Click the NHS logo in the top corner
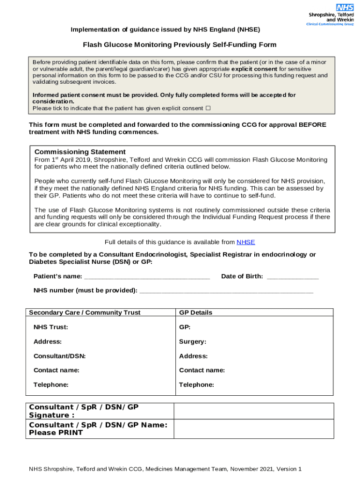click(345, 7)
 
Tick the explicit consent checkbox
click(208, 108)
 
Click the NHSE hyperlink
click(245, 242)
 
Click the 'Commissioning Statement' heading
click(80, 152)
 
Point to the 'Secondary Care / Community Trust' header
click(85, 312)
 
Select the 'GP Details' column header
click(195, 312)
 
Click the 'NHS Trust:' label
click(50, 327)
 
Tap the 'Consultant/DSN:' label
click(59, 356)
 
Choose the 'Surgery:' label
click(193, 341)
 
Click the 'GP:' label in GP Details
click(185, 327)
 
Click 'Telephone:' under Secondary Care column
click(51, 385)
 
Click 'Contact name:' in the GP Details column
click(202, 370)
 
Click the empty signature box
click(253, 411)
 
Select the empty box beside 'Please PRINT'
click(253, 428)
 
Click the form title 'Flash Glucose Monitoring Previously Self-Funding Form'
click(180, 45)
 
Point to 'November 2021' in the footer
click(252, 469)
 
